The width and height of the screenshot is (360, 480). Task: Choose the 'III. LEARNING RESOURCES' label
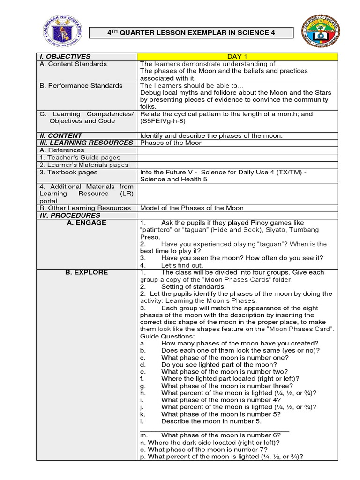point(86,143)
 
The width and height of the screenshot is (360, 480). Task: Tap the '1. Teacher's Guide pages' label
point(80,158)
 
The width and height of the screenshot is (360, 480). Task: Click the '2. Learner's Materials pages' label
point(84,165)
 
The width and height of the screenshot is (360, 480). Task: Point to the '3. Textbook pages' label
point(68,172)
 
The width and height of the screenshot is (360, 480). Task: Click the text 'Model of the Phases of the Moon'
point(192,208)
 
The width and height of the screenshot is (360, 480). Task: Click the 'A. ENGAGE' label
point(87,223)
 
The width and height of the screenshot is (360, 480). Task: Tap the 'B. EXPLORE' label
point(87,272)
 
